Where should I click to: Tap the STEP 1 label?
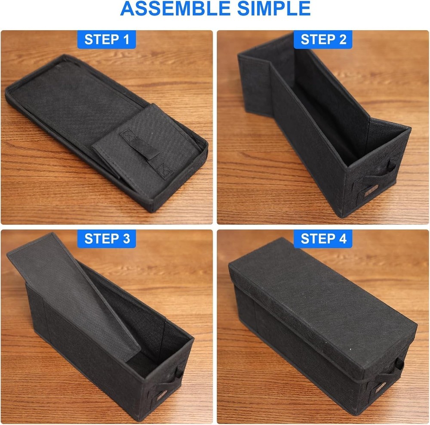107,40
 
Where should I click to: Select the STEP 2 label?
323,40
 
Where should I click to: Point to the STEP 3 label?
107,239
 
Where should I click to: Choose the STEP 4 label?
323,239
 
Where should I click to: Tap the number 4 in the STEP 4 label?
342,239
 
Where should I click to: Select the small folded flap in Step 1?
129,151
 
